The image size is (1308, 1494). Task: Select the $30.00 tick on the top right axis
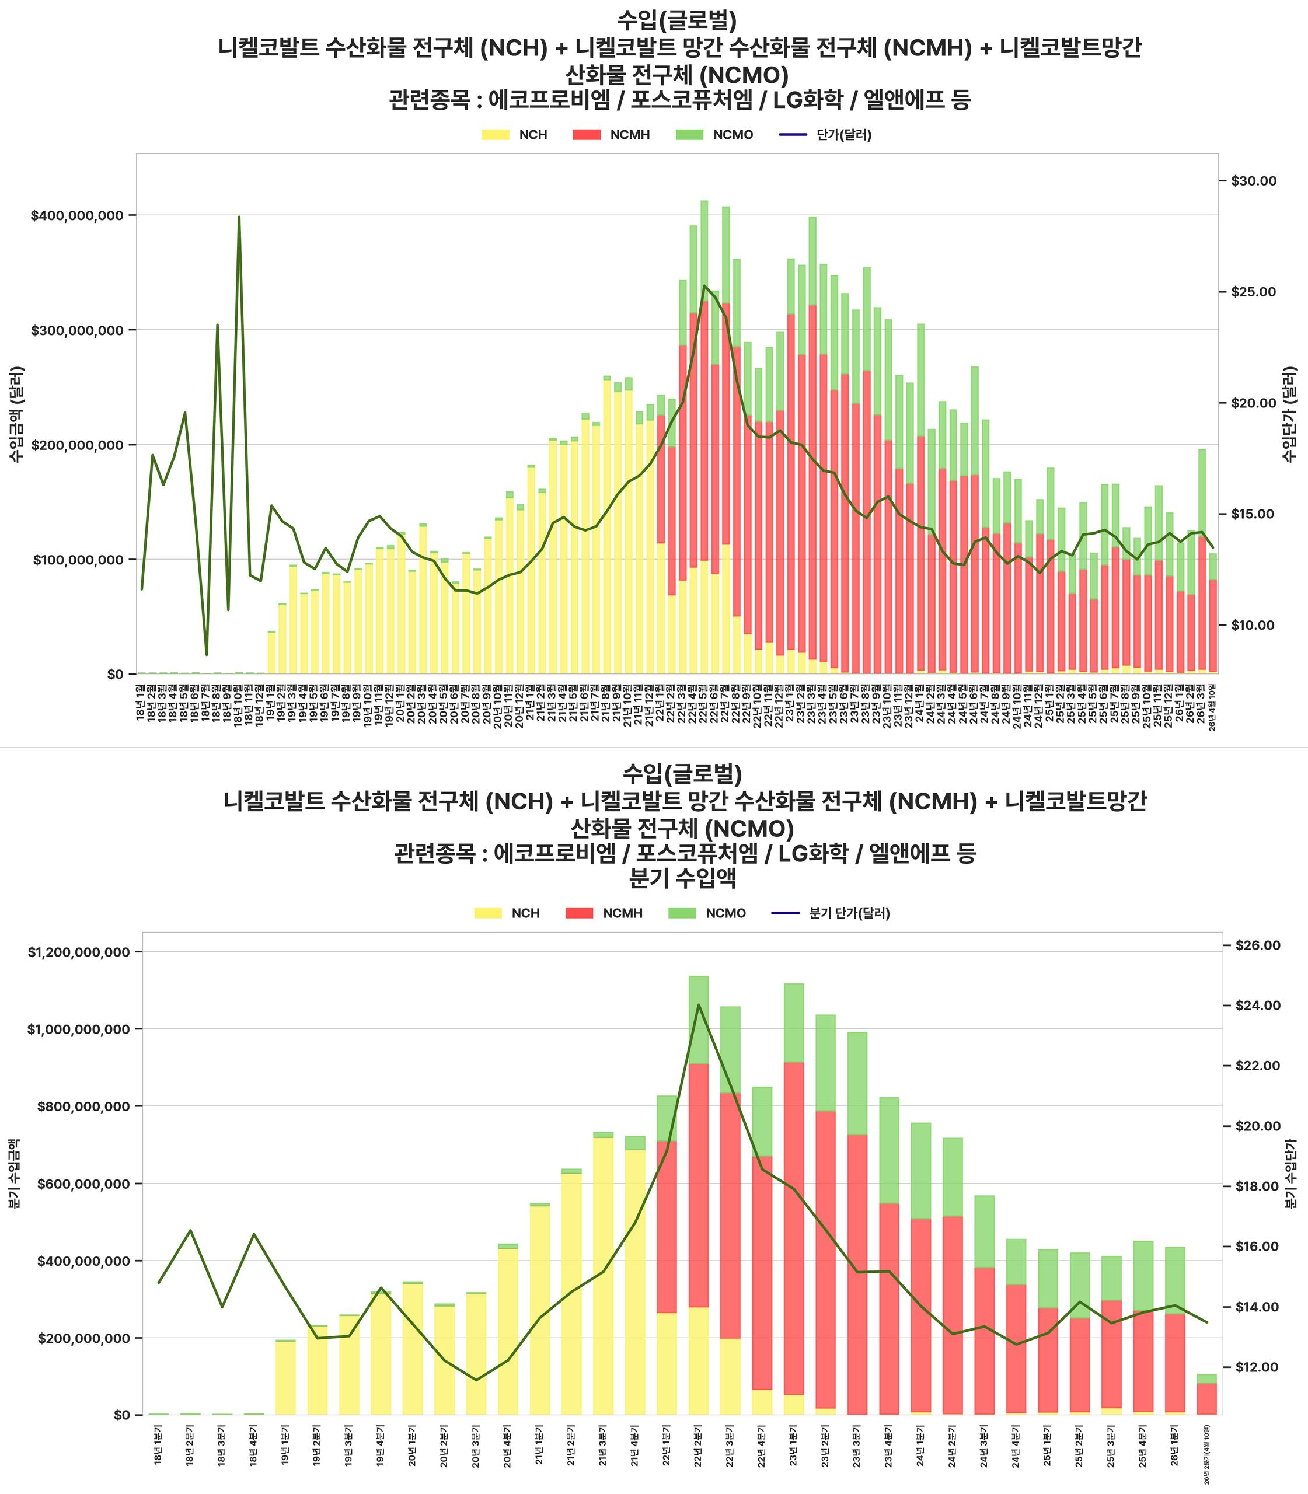pyautogui.click(x=1254, y=181)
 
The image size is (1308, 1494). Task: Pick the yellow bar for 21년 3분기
pyautogui.click(x=603, y=1277)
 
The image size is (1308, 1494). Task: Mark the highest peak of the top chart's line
pyautogui.click(x=239, y=217)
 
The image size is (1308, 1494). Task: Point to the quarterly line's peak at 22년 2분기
pyautogui.click(x=699, y=1005)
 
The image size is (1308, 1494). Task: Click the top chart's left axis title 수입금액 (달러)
pyautogui.click(x=17, y=414)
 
